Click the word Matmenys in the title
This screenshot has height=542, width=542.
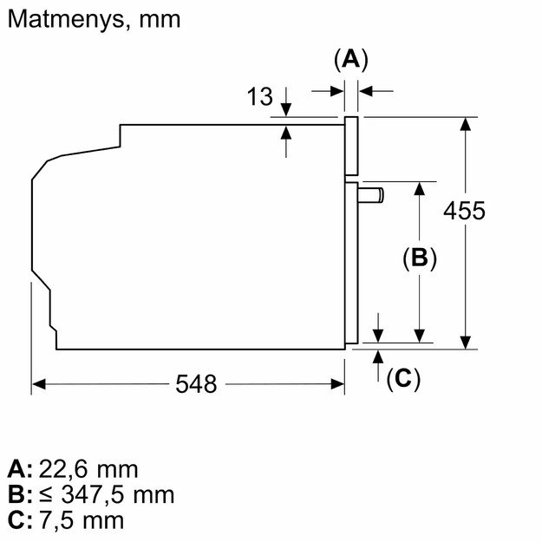[x=65, y=19]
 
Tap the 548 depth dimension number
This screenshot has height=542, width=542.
[x=196, y=383]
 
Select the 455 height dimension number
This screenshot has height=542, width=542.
[x=464, y=211]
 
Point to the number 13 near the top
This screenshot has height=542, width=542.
[x=259, y=96]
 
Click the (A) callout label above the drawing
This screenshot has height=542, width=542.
[x=351, y=60]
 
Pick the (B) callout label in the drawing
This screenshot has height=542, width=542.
[x=419, y=258]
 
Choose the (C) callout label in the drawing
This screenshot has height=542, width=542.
[x=403, y=378]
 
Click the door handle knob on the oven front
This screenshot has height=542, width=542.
[x=371, y=195]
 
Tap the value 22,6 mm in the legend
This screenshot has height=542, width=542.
[x=88, y=469]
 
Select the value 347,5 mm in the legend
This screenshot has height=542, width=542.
[x=118, y=494]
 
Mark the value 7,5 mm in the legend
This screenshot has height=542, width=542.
[x=82, y=519]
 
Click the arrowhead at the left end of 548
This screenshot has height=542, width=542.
[x=38, y=383]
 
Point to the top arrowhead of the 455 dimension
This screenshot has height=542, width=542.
[x=466, y=124]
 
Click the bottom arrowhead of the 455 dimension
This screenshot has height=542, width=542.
[x=466, y=343]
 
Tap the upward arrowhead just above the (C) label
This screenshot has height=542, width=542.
[x=378, y=356]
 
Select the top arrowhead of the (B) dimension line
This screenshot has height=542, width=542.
[x=419, y=188]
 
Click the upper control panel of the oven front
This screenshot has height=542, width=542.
[x=351, y=147]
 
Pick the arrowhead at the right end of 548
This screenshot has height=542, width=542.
[x=337, y=383]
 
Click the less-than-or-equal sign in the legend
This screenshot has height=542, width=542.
[x=46, y=495]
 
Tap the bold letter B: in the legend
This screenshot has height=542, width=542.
[x=20, y=494]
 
